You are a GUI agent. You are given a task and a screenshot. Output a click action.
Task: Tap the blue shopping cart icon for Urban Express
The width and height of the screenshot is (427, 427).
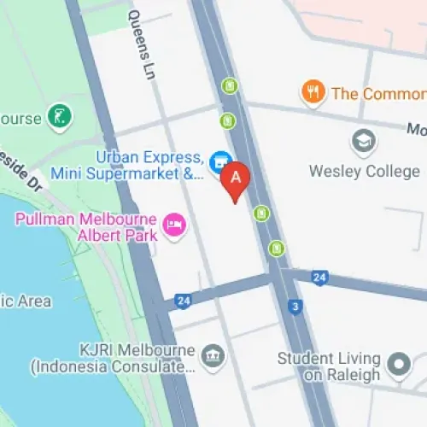pos(220,160)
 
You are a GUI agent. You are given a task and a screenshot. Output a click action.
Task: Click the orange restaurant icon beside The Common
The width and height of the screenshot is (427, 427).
pos(313,93)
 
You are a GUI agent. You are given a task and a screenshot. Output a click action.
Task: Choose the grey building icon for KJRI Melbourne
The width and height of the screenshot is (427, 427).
pos(211,354)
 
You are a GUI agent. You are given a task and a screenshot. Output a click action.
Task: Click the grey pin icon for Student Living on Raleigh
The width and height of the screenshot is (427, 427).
pos(398,365)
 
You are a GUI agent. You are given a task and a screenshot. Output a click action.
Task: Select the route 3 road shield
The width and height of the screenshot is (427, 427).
pos(295,306)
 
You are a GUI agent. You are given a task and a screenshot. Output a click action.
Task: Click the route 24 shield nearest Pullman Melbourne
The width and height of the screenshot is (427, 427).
pos(183,301)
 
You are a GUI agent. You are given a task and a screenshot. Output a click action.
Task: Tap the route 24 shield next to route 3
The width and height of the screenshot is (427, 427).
pos(319,277)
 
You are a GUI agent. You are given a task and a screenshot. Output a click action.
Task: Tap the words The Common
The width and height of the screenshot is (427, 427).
pos(377,93)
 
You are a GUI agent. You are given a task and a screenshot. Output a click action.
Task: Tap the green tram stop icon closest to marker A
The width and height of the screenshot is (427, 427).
pos(261,213)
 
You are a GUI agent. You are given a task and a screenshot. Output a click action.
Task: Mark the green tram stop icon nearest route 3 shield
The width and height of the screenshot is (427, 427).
pos(276,249)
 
